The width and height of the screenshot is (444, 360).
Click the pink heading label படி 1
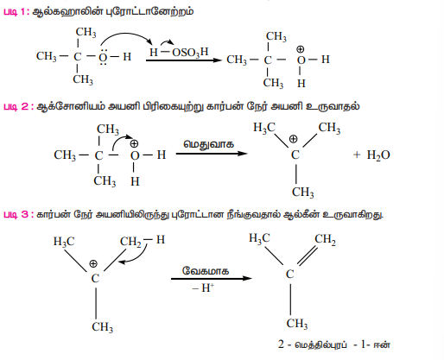[16, 12]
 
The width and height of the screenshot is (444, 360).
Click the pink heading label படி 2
[18, 106]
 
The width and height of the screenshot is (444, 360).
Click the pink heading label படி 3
[18, 214]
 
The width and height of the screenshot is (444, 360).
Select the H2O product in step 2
[378, 155]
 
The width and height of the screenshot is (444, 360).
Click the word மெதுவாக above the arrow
[209, 144]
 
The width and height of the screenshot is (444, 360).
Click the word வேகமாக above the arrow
[206, 271]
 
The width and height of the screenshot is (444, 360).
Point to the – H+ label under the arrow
[203, 287]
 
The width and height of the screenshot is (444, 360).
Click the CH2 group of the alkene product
[325, 240]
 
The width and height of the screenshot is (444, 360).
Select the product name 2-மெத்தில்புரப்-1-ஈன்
[334, 344]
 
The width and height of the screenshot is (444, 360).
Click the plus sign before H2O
[357, 155]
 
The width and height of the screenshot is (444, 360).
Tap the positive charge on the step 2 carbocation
[293, 139]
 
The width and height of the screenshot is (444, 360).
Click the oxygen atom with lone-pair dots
[103, 57]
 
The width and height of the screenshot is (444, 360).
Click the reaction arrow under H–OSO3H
[184, 60]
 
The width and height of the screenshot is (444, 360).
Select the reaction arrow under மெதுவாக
[212, 154]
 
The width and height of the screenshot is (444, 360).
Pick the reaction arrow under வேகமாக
[212, 278]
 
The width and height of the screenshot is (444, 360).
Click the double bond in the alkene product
[308, 256]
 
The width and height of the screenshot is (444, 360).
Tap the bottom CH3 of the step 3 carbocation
[102, 327]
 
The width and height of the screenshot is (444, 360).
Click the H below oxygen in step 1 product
[301, 84]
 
